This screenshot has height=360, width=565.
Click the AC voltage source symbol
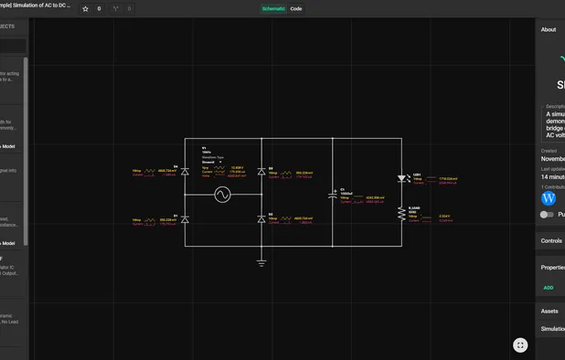pyautogui.click(x=222, y=195)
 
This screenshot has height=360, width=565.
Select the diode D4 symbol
pyautogui.click(x=185, y=171)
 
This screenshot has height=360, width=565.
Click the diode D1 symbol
pyautogui.click(x=185, y=219)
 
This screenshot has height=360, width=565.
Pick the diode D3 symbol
pyautogui.click(x=261, y=171)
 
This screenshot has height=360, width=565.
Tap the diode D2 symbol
pyautogui.click(x=261, y=219)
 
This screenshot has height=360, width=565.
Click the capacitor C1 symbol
pyautogui.click(x=333, y=195)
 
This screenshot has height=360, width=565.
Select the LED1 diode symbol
pyautogui.click(x=401, y=179)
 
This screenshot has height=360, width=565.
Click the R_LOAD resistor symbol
pyautogui.click(x=401, y=214)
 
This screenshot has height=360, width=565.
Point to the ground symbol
pyautogui.click(x=261, y=263)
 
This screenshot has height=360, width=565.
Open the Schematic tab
pyautogui.click(x=273, y=9)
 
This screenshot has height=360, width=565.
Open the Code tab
pyautogui.click(x=296, y=9)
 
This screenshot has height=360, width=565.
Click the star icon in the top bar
pyautogui.click(x=86, y=9)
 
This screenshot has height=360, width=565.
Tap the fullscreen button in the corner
pyautogui.click(x=520, y=344)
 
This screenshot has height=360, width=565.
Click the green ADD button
pyautogui.click(x=549, y=288)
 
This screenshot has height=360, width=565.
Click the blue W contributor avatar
pyautogui.click(x=549, y=198)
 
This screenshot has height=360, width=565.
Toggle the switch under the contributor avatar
pyautogui.click(x=547, y=215)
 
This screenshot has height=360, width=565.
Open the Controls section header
pyautogui.click(x=551, y=241)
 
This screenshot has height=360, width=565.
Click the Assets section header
pyautogui.click(x=549, y=311)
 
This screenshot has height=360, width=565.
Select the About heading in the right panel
pyautogui.click(x=549, y=29)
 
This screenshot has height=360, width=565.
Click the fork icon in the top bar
pyautogui.click(x=115, y=9)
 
